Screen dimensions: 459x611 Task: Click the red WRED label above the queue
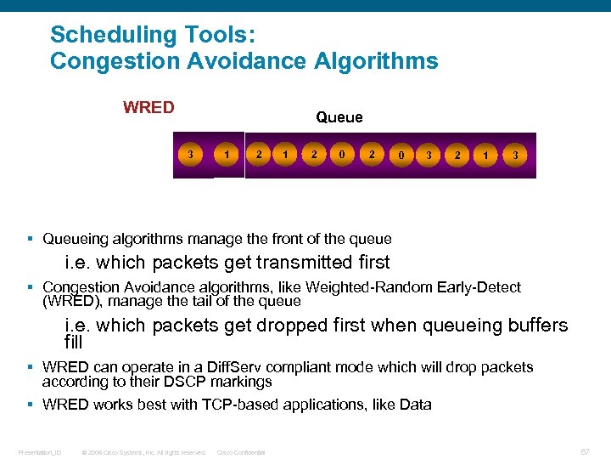(x=149, y=108)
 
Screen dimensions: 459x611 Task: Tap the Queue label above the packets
(x=339, y=117)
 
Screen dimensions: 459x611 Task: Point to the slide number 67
(x=585, y=452)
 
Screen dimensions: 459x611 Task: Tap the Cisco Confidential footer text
(x=241, y=452)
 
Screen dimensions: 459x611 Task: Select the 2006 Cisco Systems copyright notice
(x=143, y=452)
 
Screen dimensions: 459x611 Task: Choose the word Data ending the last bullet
(x=415, y=405)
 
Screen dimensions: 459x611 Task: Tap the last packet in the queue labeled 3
(x=513, y=156)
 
